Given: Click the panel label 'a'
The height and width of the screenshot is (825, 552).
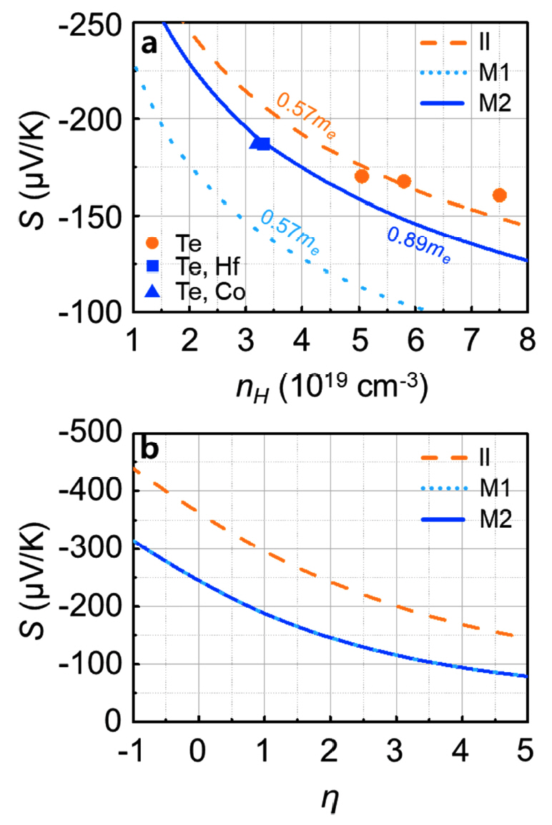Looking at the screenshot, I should [x=149, y=44].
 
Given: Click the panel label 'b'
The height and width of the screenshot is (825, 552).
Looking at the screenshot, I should [x=150, y=452].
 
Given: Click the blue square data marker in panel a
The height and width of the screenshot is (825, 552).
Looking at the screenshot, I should [x=263, y=144].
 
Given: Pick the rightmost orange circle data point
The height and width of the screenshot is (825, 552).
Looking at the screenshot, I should [x=499, y=195].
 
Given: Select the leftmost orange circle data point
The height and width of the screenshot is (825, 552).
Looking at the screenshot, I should [x=361, y=176].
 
